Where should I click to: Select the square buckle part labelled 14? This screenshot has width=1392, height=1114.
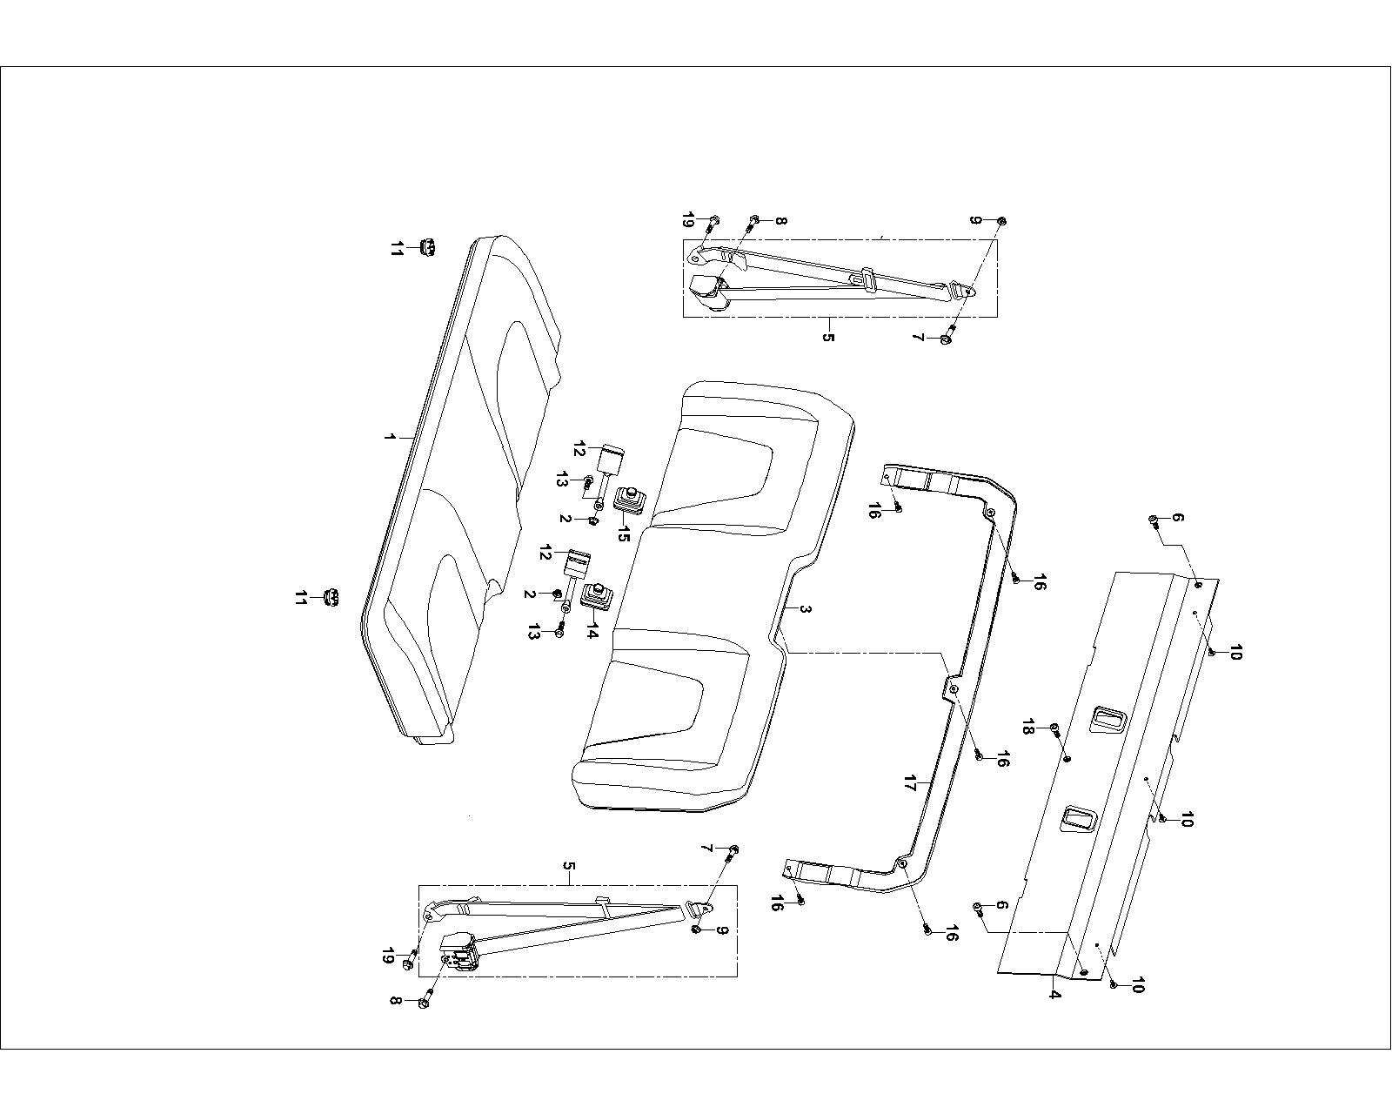tap(597, 597)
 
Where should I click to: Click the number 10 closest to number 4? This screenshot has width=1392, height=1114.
tap(1136, 986)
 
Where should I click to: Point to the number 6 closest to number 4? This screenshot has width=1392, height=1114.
tap(1001, 906)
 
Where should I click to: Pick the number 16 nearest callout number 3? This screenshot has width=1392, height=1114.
tap(1001, 760)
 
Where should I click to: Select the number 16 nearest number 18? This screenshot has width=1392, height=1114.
tap(1001, 760)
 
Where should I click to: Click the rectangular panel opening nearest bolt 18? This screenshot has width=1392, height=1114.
tap(1105, 718)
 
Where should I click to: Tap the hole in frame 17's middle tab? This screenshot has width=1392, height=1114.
tap(954, 689)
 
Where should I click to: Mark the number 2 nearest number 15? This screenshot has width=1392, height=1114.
tap(565, 520)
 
